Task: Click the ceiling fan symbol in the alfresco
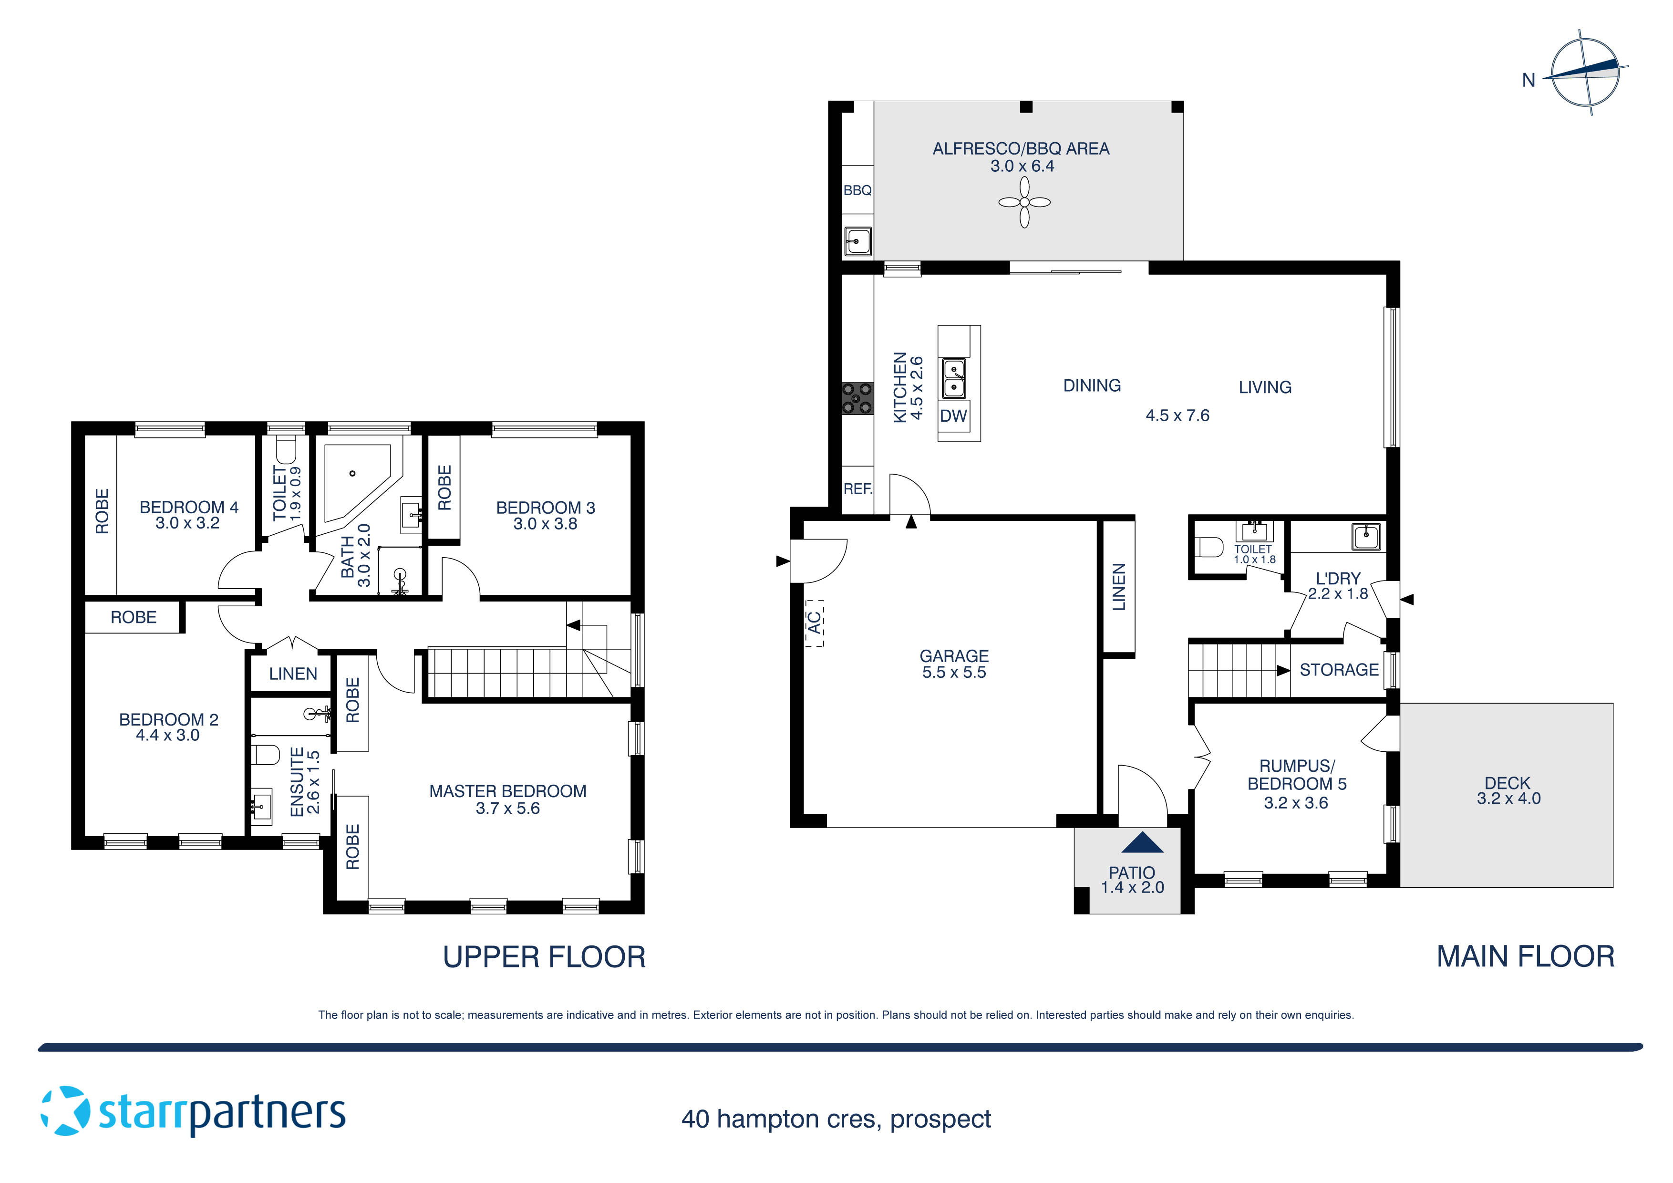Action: coord(1024,203)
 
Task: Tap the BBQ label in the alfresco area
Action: coord(857,190)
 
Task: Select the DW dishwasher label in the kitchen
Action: coord(953,416)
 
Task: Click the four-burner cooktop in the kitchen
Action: coord(857,399)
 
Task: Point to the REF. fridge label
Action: coord(857,489)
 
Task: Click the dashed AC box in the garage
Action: coord(815,623)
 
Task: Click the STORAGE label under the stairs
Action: coord(1339,670)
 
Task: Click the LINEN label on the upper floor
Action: coord(293,674)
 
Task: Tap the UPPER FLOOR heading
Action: coord(544,957)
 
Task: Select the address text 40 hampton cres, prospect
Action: coord(836,1119)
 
